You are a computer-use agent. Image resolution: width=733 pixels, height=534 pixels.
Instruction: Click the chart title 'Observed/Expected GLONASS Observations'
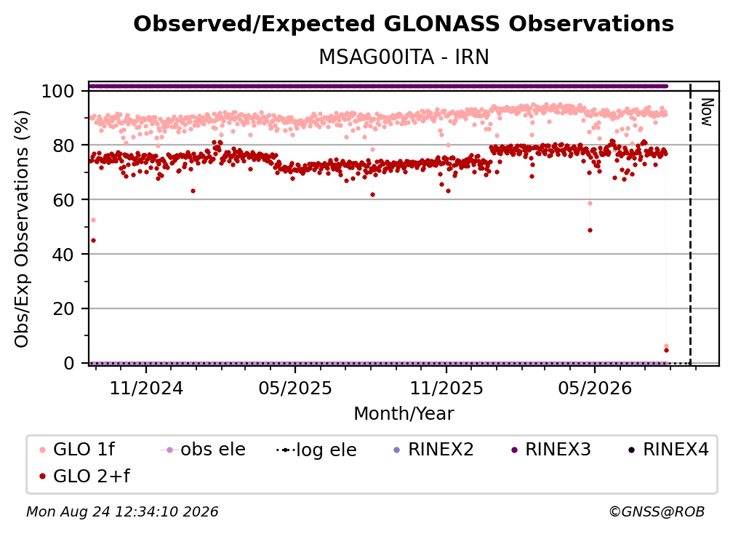404,24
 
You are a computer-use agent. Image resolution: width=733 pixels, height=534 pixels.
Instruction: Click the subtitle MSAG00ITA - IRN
404,57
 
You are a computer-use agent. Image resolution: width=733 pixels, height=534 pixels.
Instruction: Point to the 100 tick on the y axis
58,91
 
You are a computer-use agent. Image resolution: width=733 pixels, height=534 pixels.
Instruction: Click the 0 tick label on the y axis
69,363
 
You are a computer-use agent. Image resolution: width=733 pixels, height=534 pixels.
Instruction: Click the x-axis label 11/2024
146,388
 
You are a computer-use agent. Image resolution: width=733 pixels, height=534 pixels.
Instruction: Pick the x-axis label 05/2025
295,388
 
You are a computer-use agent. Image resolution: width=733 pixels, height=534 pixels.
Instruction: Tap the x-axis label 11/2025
446,388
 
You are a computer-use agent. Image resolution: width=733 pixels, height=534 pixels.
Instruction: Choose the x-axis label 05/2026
595,388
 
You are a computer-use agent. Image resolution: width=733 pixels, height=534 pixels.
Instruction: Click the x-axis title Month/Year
404,414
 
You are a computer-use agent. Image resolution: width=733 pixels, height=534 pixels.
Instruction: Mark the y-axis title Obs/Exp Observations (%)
22,229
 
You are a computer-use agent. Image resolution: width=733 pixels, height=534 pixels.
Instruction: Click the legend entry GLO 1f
77,450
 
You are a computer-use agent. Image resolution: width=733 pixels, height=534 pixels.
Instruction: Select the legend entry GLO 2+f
84,476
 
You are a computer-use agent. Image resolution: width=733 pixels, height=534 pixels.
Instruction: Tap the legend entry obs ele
203,450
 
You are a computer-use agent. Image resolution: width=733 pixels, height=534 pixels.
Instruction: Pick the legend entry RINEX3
551,450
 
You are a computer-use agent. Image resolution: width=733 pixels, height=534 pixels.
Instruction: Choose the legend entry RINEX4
668,450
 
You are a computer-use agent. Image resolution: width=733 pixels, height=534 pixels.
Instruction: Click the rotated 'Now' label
706,112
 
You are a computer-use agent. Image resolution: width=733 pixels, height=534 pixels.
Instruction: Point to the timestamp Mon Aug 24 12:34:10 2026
122,512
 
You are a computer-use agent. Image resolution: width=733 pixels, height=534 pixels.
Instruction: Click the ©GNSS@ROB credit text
657,512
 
